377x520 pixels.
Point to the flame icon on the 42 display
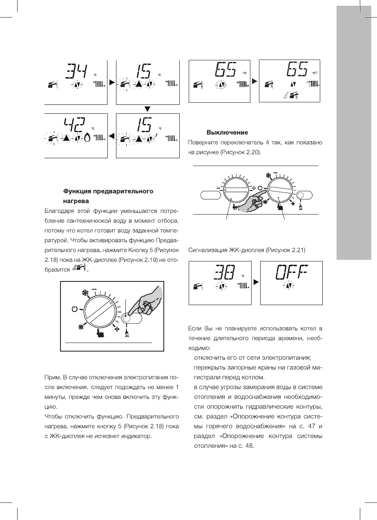(x=87, y=138)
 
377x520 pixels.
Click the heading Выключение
(x=228, y=133)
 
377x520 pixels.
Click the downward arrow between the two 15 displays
(x=148, y=109)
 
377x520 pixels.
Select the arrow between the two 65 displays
(x=255, y=81)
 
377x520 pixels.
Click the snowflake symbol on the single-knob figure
(x=86, y=293)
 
